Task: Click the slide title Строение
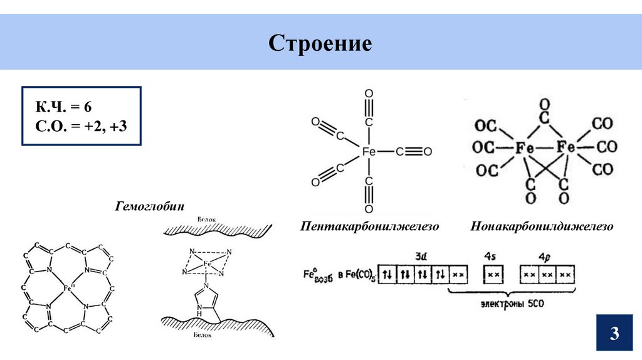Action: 320,44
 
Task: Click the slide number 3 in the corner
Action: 614,333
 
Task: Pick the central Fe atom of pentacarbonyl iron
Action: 369,152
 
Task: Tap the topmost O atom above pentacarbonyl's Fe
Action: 369,93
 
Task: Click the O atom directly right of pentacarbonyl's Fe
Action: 428,152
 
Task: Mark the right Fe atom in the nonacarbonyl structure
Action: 566,148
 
